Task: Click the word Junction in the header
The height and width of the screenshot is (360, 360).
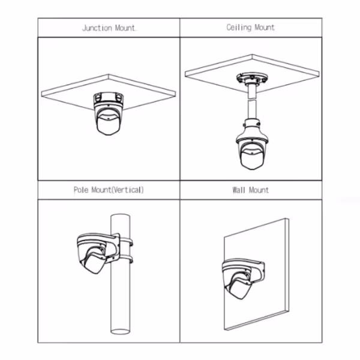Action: [97, 28]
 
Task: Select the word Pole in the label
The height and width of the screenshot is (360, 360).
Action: [81, 190]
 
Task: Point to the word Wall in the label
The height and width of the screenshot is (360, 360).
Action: [239, 190]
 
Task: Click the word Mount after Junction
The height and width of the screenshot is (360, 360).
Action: [125, 28]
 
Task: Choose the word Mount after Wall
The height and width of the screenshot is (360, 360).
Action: [259, 190]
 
